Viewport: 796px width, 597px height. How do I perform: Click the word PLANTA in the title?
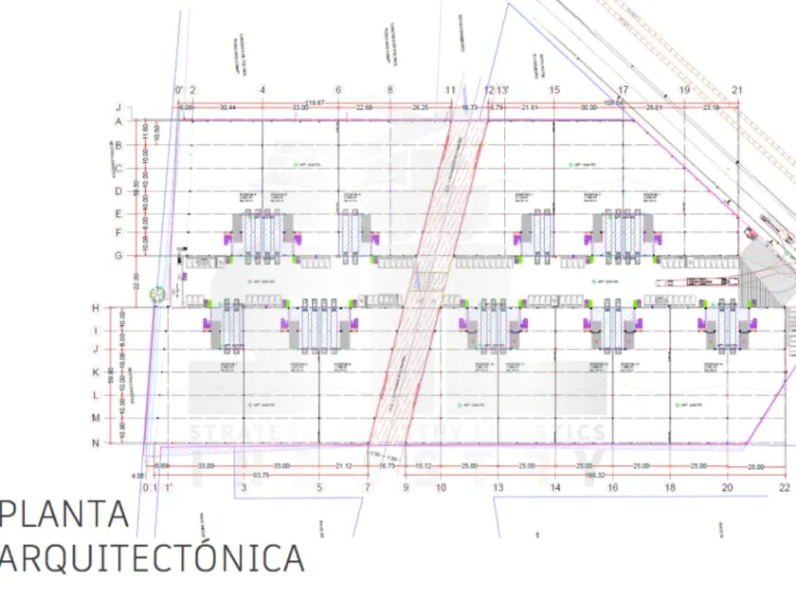(x=66, y=515)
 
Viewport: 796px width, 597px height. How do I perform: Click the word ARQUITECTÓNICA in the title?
(x=152, y=558)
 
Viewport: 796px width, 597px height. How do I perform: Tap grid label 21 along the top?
(x=737, y=90)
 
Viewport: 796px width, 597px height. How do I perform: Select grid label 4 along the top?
(x=262, y=90)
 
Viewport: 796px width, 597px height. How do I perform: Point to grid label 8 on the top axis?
(x=389, y=90)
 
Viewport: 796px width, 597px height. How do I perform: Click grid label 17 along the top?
(x=624, y=90)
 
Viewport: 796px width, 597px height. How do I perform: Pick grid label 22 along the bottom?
(x=784, y=487)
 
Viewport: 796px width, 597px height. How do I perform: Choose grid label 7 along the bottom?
(x=367, y=487)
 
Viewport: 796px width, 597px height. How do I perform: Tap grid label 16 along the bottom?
(x=613, y=487)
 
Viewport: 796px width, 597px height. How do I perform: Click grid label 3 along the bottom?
(x=244, y=487)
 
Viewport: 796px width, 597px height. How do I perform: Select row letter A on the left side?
(x=119, y=121)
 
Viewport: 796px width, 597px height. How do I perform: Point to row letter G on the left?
(x=119, y=255)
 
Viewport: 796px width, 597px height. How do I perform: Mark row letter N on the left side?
(x=121, y=443)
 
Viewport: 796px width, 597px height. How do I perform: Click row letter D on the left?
(x=119, y=190)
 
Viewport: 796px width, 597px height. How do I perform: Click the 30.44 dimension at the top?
(x=227, y=107)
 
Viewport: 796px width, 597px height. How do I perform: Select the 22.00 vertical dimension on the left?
(x=136, y=281)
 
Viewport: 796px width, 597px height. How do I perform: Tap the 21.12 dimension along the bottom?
(x=344, y=466)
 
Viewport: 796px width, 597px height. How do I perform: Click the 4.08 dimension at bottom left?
(x=137, y=476)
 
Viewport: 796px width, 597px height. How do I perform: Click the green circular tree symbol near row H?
(x=157, y=294)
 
